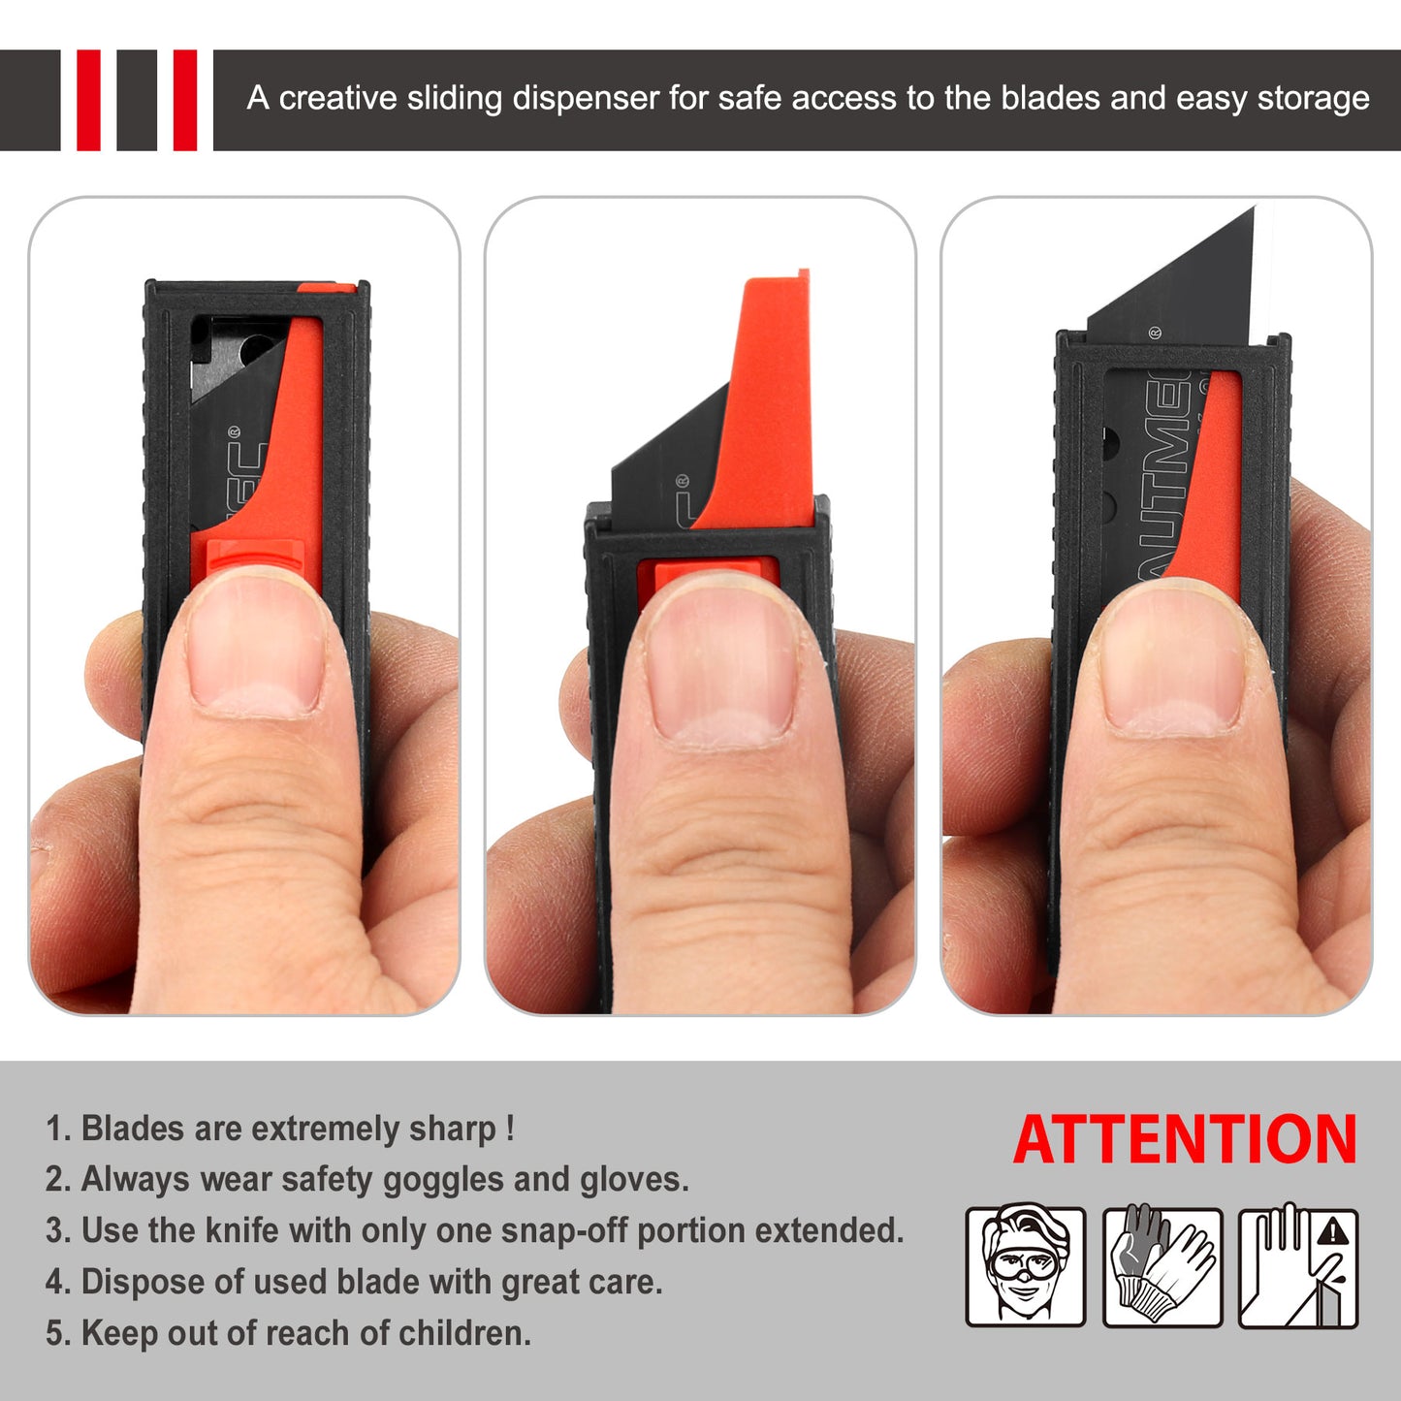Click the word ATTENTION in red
pos(1185,1139)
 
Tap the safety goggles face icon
pos(1025,1266)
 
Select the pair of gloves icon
pos(1162,1266)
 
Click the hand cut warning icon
pos(1298,1266)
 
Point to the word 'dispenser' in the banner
pos(586,98)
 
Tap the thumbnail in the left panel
pos(254,644)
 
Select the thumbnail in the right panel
pos(1172,658)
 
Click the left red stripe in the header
pos(88,100)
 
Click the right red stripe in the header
pos(184,100)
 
